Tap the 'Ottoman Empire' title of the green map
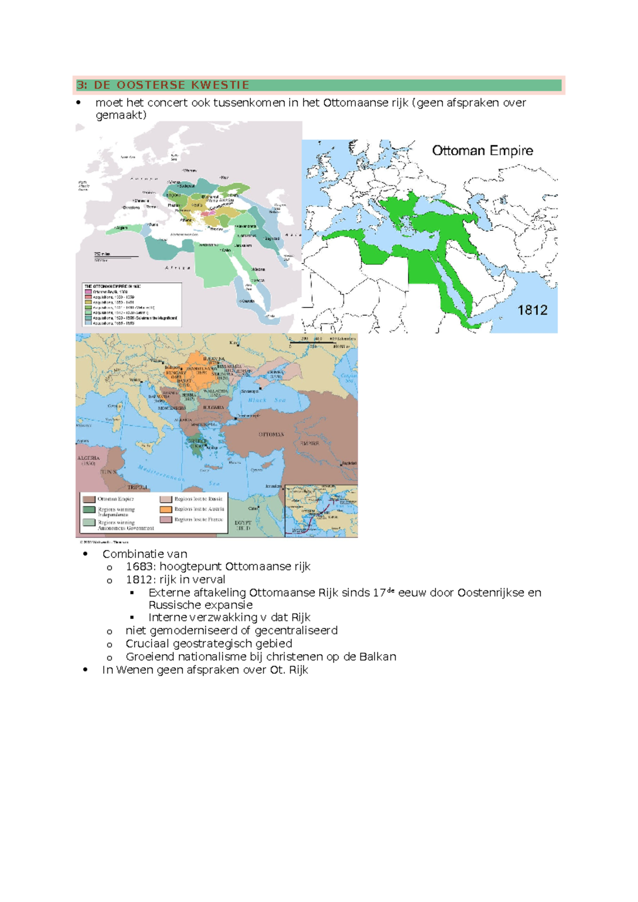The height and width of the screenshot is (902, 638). (x=482, y=151)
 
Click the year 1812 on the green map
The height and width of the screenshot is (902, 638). (x=532, y=310)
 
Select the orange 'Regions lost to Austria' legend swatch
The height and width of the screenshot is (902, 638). (x=166, y=509)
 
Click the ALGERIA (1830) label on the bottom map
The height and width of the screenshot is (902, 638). (x=88, y=461)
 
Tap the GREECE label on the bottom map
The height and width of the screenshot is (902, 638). (x=197, y=441)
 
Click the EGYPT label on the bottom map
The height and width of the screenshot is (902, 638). (x=243, y=525)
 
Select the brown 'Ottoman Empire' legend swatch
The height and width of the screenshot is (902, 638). (x=89, y=499)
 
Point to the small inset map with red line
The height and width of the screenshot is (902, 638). (x=321, y=510)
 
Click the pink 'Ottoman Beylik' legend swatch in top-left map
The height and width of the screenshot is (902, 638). (x=88, y=292)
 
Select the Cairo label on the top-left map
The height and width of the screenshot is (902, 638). (x=225, y=250)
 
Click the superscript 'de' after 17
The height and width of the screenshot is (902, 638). (x=391, y=590)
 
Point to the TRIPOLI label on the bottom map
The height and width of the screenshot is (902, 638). (x=137, y=487)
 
